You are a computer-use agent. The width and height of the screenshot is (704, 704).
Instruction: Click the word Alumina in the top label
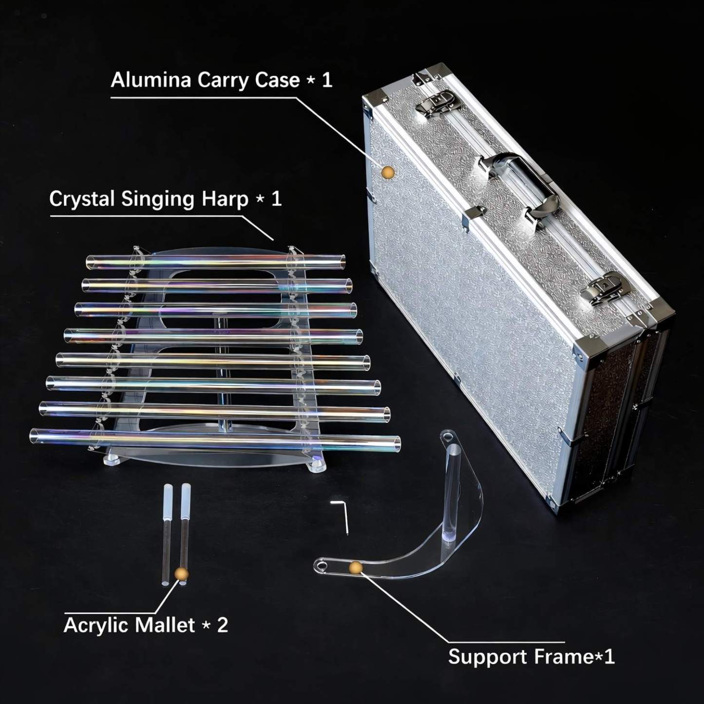click(x=151, y=80)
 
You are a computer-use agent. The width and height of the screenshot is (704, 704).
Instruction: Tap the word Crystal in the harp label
click(x=82, y=199)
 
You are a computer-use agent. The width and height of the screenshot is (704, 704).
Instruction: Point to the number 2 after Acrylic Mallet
click(x=222, y=625)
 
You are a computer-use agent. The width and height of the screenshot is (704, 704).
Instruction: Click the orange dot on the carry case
click(x=387, y=171)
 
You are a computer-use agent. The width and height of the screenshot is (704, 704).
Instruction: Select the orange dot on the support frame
click(x=356, y=567)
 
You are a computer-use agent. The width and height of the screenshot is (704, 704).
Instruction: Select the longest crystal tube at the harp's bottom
click(x=214, y=438)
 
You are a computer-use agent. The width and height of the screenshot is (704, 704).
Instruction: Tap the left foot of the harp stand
click(x=112, y=460)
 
